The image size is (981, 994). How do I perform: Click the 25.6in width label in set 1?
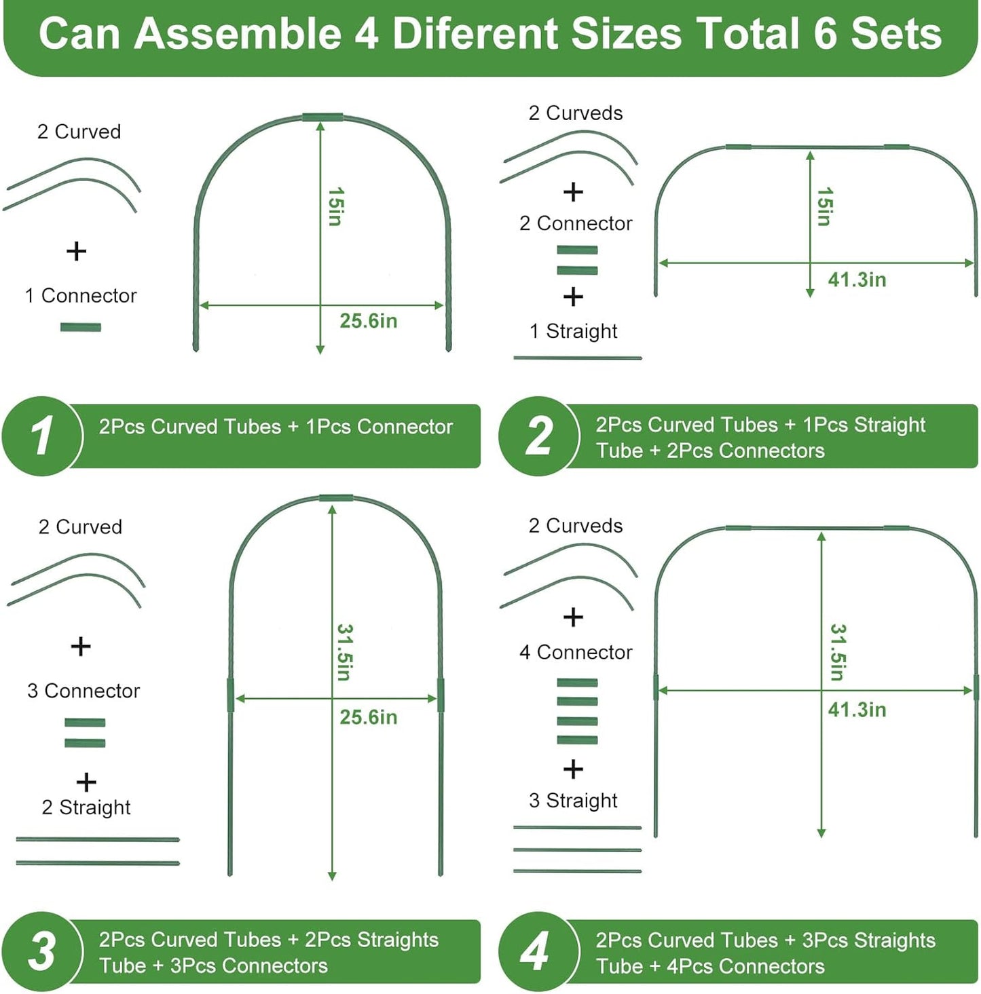368,321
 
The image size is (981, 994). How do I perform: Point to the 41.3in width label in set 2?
857,280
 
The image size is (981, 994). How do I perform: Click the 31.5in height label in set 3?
344,652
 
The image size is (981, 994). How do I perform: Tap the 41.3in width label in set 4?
857,710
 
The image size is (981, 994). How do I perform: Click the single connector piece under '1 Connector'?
81,328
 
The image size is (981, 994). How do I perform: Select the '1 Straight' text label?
573,331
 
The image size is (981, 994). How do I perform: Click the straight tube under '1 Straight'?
577,358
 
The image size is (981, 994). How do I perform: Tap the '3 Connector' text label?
84,691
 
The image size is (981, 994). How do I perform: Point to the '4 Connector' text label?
576,652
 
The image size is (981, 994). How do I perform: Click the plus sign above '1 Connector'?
77,251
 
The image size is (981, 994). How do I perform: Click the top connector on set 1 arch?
322,117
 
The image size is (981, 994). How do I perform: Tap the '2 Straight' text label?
86,807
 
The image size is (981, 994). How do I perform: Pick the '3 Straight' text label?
573,801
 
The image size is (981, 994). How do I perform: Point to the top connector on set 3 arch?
336,498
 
